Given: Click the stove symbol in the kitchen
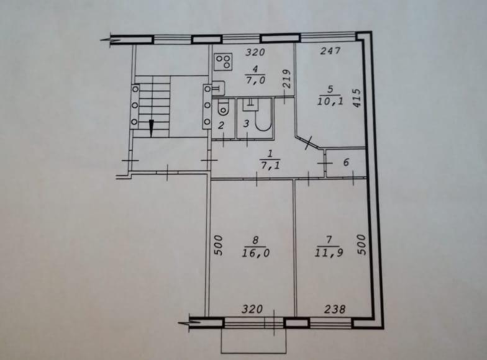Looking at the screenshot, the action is (x=224, y=61).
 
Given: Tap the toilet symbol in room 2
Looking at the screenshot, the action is (x=222, y=107).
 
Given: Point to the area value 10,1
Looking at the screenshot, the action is (x=330, y=101).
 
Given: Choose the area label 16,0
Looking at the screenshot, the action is (x=256, y=253).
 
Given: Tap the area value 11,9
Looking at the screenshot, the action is (x=329, y=253).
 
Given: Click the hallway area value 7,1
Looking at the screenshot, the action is (x=270, y=165).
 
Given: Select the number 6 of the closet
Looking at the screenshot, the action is (x=347, y=162).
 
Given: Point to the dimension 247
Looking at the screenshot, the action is (x=330, y=51).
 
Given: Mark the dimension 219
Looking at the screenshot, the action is (x=286, y=78).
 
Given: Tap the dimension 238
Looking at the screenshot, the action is (x=335, y=309).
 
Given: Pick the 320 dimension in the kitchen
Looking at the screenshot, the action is (x=255, y=52).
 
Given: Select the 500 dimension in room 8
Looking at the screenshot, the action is (x=219, y=245).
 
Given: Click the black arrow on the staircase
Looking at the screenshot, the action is (x=152, y=128).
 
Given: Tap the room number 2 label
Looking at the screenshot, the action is (x=221, y=126).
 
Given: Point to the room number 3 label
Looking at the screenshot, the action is (x=246, y=124).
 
